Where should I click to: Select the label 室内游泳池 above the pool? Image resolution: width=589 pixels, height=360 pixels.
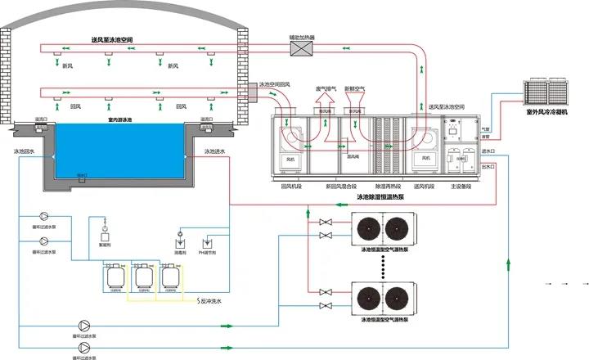(121, 119)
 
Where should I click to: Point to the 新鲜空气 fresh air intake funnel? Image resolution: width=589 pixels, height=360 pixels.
(354, 103)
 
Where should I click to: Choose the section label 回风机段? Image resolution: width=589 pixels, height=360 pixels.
(291, 185)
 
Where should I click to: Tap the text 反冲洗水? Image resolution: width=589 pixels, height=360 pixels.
(211, 299)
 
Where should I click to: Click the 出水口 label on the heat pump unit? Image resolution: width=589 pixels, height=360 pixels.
(489, 166)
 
